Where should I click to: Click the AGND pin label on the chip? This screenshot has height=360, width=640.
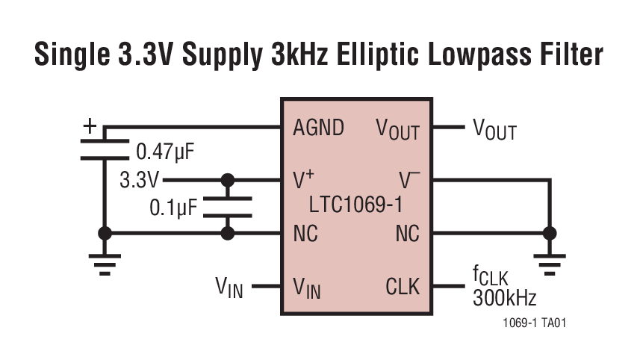pos(319,128)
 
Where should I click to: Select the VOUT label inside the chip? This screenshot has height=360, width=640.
pos(397,129)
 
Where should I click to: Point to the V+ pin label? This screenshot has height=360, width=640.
pos(304,180)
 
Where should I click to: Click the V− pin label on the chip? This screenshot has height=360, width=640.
pos(409,180)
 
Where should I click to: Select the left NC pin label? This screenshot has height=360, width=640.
pos(305,234)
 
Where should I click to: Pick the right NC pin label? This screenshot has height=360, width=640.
pos(407,234)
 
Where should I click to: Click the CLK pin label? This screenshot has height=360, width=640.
pos(403,286)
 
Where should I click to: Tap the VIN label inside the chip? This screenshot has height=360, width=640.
pos(307,288)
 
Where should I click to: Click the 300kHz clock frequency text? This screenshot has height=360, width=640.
pos(504,299)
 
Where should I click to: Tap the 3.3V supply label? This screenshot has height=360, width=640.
pos(140,180)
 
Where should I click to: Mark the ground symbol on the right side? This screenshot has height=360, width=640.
pos(550,262)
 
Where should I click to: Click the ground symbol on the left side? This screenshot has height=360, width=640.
pos(105,262)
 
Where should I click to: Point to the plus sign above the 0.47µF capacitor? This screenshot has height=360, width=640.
pos(90,126)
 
